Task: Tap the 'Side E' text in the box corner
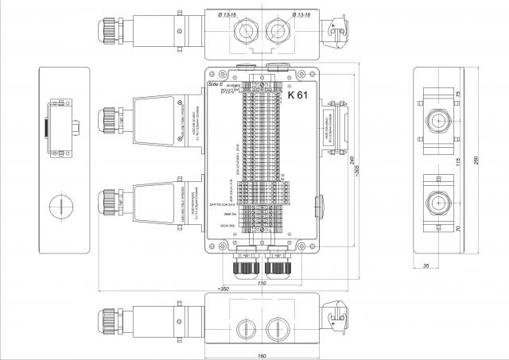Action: [x=215, y=83]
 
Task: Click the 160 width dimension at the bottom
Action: [x=262, y=354]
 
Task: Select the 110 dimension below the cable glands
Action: [x=262, y=282]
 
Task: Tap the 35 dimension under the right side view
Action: [x=426, y=265]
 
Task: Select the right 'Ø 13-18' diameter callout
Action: [x=305, y=14]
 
